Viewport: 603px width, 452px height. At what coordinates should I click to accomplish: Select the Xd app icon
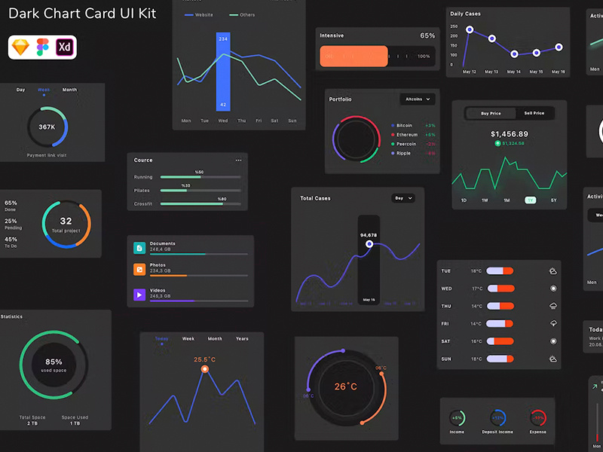point(66,47)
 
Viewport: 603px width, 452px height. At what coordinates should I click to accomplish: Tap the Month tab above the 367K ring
point(69,90)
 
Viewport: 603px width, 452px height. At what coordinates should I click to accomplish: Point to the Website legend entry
point(199,15)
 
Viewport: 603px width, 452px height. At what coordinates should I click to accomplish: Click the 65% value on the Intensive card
point(427,35)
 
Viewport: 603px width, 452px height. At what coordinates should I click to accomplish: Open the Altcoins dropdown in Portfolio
point(418,99)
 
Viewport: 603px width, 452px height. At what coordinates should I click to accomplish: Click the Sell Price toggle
point(534,113)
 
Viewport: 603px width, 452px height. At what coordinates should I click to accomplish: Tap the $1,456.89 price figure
point(510,134)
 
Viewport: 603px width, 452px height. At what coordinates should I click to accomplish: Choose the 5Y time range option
point(553,200)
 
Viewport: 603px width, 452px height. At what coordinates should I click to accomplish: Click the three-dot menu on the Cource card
point(238,160)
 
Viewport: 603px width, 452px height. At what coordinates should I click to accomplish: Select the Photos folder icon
point(139,269)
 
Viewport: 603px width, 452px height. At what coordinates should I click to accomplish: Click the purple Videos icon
point(139,295)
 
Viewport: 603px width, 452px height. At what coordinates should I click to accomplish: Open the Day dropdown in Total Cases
point(403,198)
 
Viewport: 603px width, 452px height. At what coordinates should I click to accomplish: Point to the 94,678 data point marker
point(369,244)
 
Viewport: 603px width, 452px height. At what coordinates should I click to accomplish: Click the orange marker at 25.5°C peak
point(204,369)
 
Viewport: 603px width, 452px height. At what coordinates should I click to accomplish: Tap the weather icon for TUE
point(553,270)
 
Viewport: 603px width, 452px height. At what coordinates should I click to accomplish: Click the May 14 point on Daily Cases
point(514,54)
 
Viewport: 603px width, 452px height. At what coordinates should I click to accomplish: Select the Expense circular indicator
point(537,417)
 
